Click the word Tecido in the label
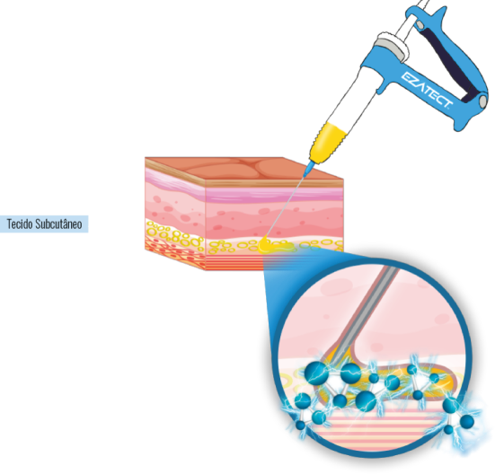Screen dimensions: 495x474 (x=20, y=224)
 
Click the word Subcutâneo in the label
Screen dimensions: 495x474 (x=58, y=224)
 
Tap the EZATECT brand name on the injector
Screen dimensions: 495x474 (x=427, y=90)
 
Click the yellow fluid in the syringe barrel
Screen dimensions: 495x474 (x=328, y=141)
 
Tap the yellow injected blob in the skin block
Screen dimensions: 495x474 (x=271, y=246)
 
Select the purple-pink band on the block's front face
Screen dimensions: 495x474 (x=274, y=195)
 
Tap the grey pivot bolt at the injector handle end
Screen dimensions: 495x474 (x=483, y=101)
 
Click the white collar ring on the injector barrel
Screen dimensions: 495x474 (x=392, y=43)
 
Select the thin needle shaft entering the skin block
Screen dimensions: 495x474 (x=285, y=206)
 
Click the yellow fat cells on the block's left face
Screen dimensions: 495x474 (x=174, y=237)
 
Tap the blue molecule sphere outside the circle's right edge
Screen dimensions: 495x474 (x=467, y=421)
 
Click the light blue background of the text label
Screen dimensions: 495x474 (x=44, y=224)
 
